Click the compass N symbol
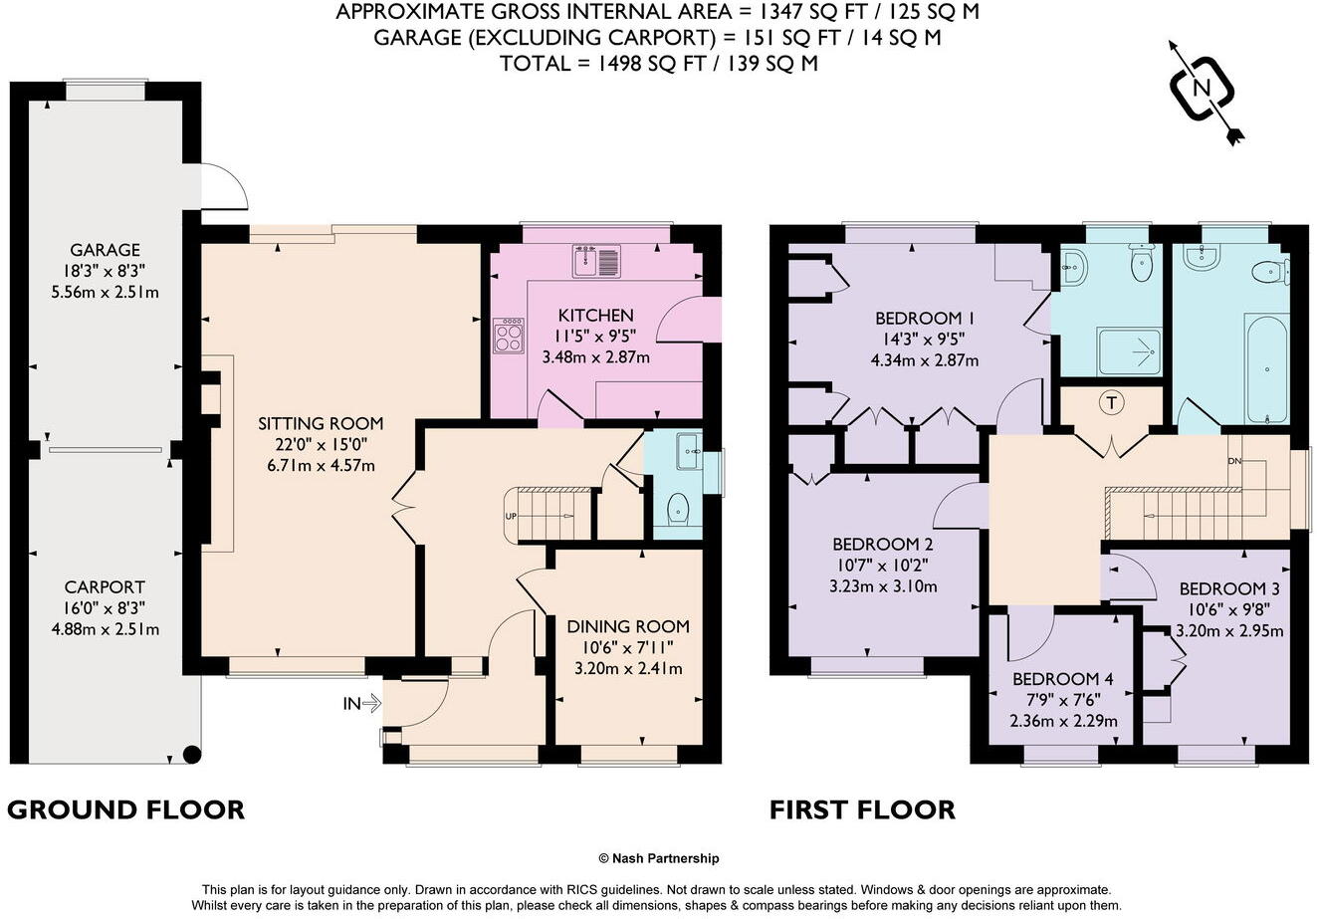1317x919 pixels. click(1202, 89)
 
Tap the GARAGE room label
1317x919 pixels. click(105, 250)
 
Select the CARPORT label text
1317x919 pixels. click(105, 587)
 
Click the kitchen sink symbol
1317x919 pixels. click(596, 261)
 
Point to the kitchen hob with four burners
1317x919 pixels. click(508, 335)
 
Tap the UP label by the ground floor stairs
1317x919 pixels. click(511, 516)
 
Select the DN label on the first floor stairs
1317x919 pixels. click(1234, 461)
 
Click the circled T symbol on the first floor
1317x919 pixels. click(1110, 403)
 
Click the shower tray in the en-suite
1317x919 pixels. click(1129, 349)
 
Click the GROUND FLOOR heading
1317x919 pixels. click(125, 809)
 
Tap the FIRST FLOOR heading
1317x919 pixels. click(862, 809)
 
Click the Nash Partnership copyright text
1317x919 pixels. click(658, 858)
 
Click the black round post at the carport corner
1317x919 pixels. click(192, 755)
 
